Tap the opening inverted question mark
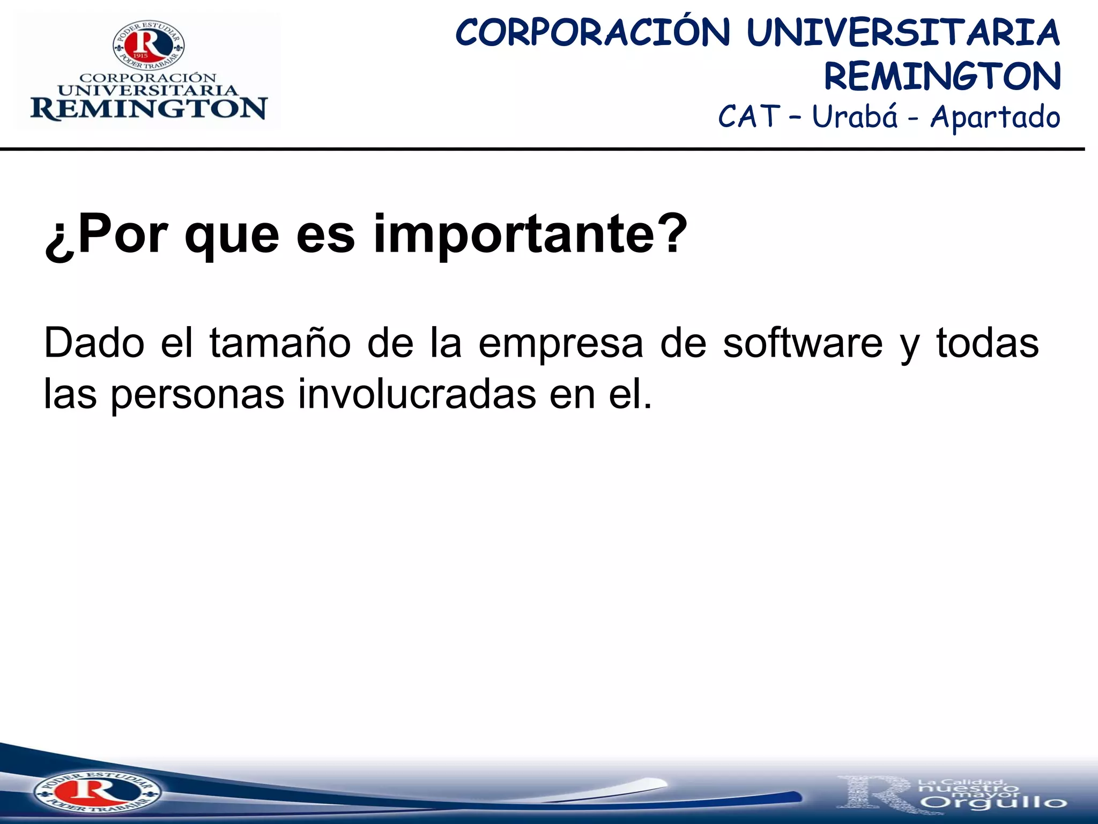59,239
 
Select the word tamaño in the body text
280,343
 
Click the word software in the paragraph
802,343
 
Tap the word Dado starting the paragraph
94,343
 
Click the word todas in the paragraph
987,343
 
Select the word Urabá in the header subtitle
855,117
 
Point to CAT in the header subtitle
748,117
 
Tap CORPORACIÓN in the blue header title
592,33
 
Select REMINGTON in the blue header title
942,76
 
